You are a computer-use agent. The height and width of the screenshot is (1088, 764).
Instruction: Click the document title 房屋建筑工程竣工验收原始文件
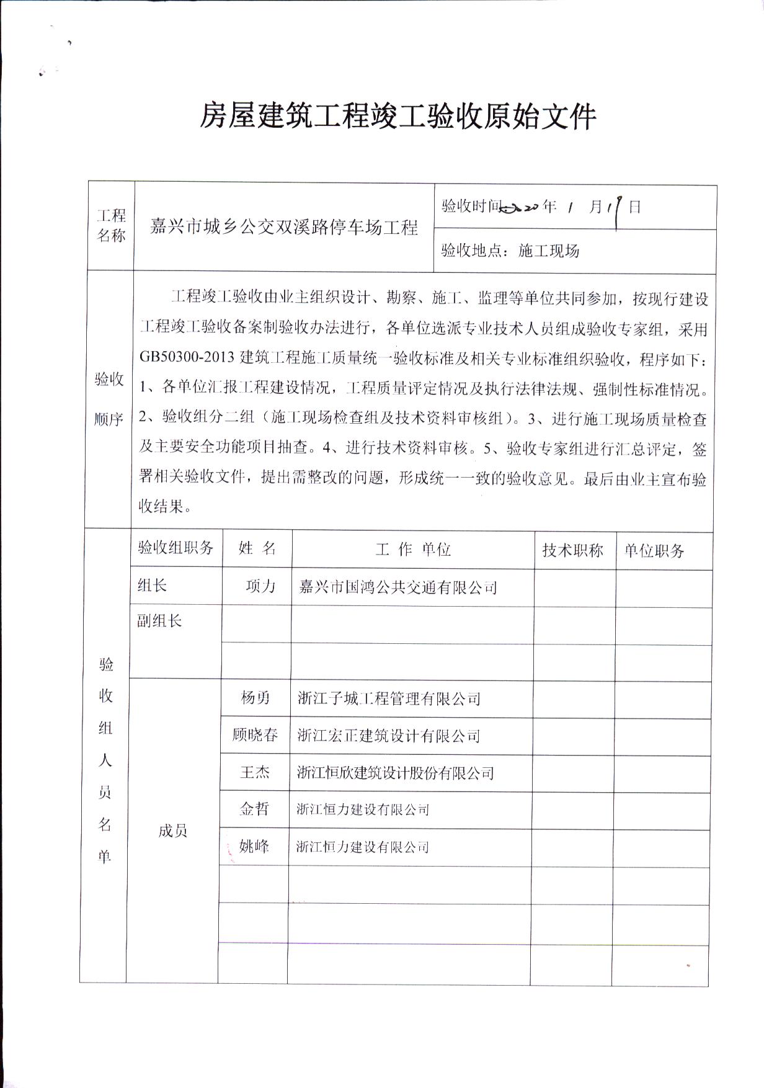pos(397,116)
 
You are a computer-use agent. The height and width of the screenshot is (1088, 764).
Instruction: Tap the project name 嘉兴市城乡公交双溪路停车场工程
pos(285,228)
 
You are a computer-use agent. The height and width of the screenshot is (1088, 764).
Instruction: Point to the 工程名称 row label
pos(112,226)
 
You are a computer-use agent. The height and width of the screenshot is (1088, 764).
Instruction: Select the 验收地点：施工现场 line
pos(510,251)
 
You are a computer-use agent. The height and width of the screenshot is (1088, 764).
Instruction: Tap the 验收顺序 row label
pos(109,399)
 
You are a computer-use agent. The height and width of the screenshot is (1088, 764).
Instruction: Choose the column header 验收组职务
pos(175,548)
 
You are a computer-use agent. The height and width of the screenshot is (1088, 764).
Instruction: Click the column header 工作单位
pos(412,550)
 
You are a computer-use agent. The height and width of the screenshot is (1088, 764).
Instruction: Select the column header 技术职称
pos(572,550)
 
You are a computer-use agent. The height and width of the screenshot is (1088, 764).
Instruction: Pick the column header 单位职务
pos(654,551)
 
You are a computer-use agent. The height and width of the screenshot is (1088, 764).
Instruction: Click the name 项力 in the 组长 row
pos(260,586)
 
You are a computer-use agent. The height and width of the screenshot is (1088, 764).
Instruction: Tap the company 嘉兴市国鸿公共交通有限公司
pos(398,587)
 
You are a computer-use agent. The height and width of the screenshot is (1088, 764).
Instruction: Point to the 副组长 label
pos(159,621)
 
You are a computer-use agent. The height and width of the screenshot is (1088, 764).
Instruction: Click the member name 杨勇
pos(255,698)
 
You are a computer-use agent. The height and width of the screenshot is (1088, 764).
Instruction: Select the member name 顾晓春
pos(255,736)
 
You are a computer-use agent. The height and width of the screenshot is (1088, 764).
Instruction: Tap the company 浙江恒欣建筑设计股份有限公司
pos(395,773)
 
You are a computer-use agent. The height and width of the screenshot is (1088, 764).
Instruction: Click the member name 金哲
pos(254,809)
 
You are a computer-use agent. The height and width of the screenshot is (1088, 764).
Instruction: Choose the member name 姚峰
pos(254,846)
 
